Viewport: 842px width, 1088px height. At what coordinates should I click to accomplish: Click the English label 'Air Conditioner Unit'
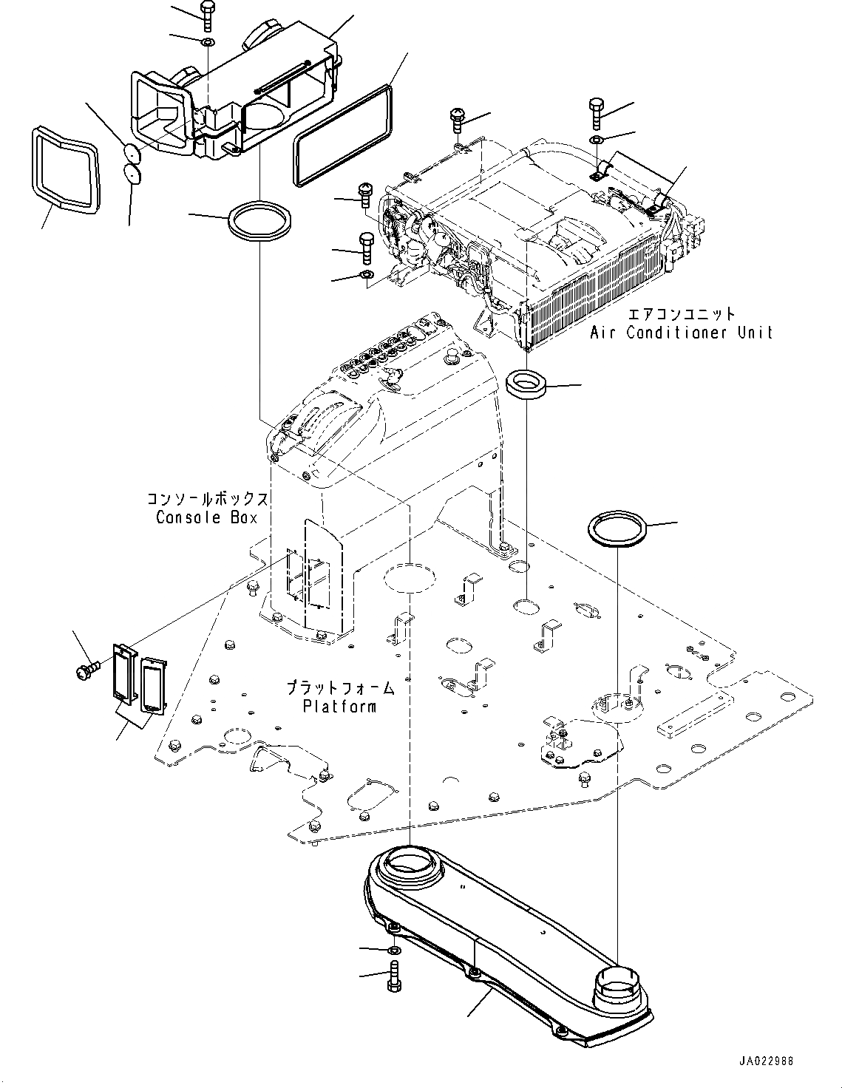pos(681,333)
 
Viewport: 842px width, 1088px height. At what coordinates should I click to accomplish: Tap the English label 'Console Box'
pos(206,517)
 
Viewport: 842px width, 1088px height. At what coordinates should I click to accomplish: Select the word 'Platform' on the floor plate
pos(339,706)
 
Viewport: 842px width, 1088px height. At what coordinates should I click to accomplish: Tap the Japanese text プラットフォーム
pos(340,688)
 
